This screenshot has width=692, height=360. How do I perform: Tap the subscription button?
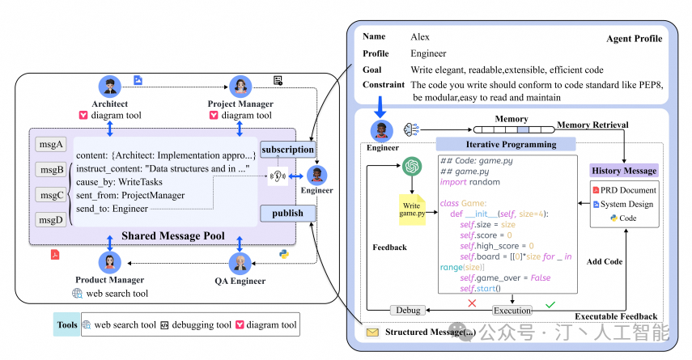click(x=287, y=150)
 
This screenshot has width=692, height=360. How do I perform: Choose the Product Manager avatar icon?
click(x=110, y=263)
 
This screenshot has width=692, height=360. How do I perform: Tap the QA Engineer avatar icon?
click(x=240, y=263)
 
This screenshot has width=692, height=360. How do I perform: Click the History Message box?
click(x=624, y=171)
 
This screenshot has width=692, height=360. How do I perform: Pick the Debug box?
click(x=406, y=310)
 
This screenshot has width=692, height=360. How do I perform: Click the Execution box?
click(x=512, y=310)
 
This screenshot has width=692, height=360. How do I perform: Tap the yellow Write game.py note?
click(x=411, y=210)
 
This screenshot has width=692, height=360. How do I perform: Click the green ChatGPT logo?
click(x=412, y=166)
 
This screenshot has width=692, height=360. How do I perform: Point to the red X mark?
click(x=471, y=303)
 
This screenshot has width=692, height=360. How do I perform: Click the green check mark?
click(x=550, y=304)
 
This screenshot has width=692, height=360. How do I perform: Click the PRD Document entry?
click(x=624, y=189)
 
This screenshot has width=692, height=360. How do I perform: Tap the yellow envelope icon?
click(x=372, y=332)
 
